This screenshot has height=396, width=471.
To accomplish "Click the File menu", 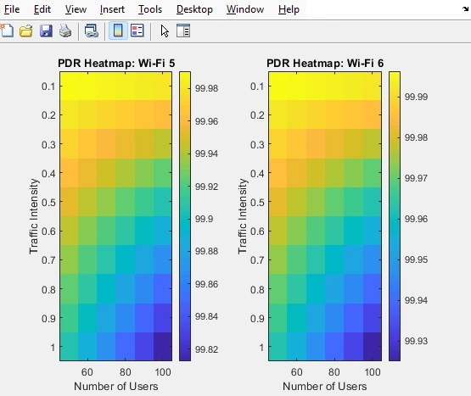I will (x=12, y=9).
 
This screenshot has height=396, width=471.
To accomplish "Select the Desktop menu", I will (x=194, y=9).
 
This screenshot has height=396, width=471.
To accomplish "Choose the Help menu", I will (x=289, y=9).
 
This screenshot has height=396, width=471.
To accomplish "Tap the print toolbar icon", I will (x=65, y=31).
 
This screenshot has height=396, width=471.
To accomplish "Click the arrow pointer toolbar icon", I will (x=165, y=31).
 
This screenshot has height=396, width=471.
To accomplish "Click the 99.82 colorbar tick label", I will (x=208, y=349).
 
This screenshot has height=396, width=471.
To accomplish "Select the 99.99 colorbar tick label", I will (x=418, y=98).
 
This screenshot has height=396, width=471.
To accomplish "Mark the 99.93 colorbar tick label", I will (x=418, y=340).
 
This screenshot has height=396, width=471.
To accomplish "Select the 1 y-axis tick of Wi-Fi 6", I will (x=261, y=348).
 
